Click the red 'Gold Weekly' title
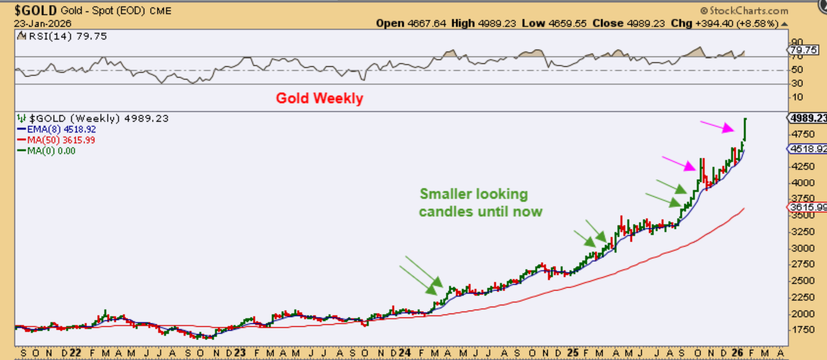click(319, 98)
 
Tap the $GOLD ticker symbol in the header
click(36, 11)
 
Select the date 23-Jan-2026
click(43, 24)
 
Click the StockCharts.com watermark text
click(744, 11)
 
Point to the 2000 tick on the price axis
click(802, 314)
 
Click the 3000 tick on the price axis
click(802, 248)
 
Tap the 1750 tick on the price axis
click(802, 330)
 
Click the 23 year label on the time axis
click(240, 353)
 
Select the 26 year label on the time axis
click(737, 353)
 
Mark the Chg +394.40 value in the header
click(724, 24)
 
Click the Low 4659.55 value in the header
click(554, 24)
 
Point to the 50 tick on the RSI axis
click(797, 70)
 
